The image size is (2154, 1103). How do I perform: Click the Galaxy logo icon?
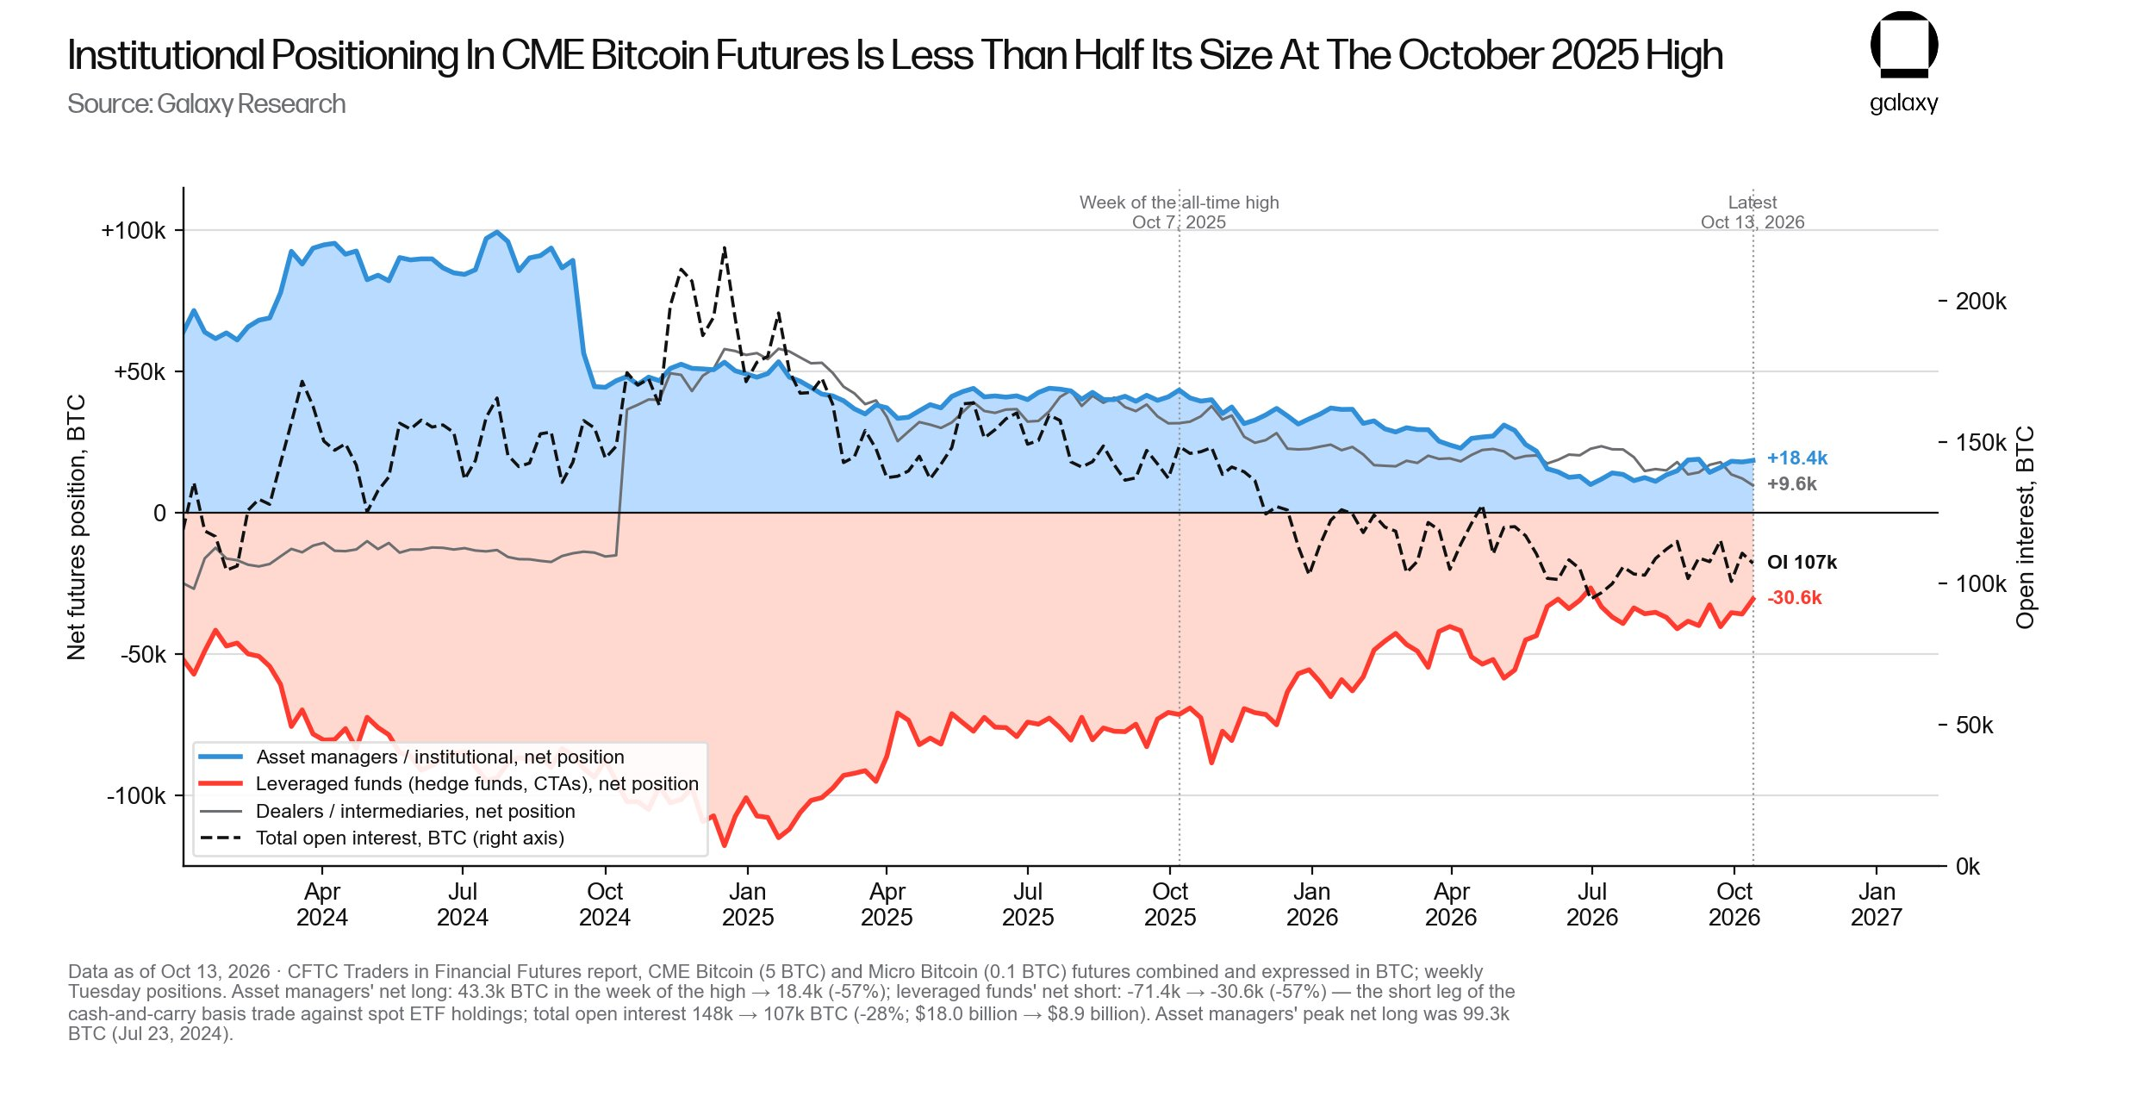tap(1903, 44)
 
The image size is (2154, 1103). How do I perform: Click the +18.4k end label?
tap(1796, 458)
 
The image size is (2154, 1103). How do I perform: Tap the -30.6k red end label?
tap(1794, 598)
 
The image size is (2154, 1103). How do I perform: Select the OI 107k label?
tap(1802, 563)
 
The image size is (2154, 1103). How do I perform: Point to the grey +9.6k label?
tap(1791, 484)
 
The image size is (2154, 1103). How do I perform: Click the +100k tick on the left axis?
tap(134, 231)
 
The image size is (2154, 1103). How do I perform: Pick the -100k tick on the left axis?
tap(136, 796)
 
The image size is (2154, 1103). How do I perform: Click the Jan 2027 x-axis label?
tap(1876, 904)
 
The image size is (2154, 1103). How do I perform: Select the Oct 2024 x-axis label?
tap(605, 904)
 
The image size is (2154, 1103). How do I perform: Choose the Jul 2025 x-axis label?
tap(1028, 904)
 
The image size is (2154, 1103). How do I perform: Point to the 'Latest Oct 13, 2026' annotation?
tap(1752, 212)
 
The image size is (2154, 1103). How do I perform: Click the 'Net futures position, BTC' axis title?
tap(77, 527)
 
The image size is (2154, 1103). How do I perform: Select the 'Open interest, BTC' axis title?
tap(2025, 527)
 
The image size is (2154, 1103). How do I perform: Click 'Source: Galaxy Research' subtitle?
tap(207, 104)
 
